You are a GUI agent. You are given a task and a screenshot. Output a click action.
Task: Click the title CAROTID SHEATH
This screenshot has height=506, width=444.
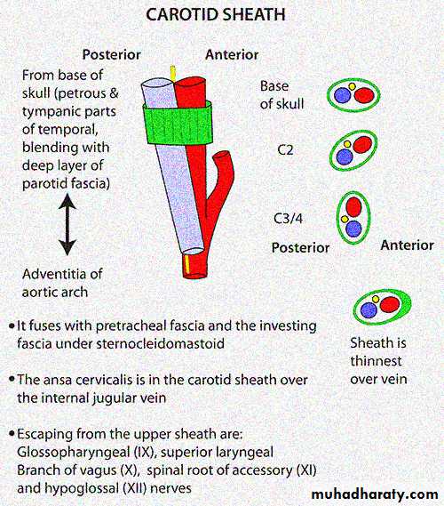pos(216,15)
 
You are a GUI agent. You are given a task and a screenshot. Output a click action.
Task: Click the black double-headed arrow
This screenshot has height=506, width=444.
pos(67,224)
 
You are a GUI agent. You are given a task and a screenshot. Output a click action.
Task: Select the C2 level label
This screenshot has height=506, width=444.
pos(285,150)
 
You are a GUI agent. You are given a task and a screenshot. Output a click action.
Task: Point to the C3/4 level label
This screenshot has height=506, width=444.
pos(288,219)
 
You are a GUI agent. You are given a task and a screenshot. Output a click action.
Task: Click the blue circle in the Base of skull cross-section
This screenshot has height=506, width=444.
pos(342,95)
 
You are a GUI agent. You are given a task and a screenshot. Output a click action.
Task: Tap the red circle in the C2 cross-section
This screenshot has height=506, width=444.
pos(363,145)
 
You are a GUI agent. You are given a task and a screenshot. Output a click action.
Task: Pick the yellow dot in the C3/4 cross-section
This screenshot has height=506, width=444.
pos(345,220)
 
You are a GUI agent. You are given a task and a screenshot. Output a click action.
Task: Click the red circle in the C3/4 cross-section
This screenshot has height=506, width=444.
pos(353,207)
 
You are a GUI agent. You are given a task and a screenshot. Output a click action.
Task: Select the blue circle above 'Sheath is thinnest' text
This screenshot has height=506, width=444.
pos(369,310)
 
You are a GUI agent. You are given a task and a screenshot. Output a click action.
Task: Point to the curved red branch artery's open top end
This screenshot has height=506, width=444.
pos(221,156)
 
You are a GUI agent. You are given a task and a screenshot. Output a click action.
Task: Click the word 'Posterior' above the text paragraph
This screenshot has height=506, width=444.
pos(112,54)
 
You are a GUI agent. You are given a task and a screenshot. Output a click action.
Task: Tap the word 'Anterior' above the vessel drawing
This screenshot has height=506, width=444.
pos(232,54)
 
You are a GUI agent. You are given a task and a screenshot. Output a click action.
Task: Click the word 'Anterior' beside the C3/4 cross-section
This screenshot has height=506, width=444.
pos(408,245)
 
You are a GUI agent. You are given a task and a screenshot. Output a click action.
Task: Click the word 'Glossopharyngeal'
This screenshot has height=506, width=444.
pos(74,453)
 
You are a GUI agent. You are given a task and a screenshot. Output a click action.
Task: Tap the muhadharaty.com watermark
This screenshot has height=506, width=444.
pos(375,494)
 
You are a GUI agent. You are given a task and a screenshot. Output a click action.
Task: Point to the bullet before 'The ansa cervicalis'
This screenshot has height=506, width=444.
pos(12,379)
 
